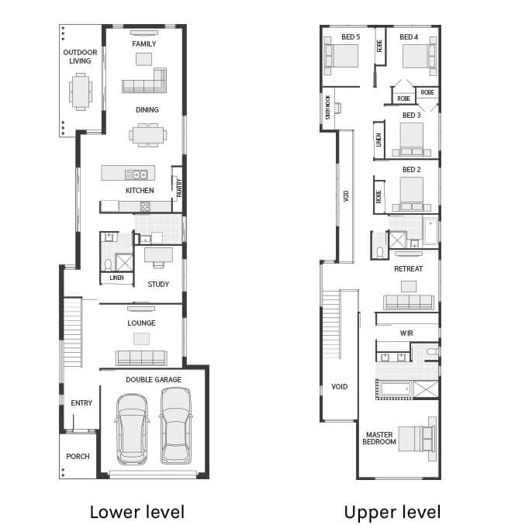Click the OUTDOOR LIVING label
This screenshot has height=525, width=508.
80,57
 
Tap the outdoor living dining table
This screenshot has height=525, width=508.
80,91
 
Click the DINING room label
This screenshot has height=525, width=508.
147,110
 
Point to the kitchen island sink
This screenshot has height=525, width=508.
139,174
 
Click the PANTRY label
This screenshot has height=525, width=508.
178,188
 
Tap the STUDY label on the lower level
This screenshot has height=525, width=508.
158,285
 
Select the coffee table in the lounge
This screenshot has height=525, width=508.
141,338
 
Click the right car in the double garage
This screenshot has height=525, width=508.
176,427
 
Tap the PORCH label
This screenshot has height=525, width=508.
78,457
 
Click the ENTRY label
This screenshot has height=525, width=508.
81,403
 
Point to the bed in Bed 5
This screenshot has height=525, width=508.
341,57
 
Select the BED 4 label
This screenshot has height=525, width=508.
409,36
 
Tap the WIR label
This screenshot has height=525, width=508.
406,333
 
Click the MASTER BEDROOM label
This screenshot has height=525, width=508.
379,438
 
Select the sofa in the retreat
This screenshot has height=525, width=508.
408,302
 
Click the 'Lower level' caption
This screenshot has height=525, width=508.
137,511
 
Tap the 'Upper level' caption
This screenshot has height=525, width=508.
392,511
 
